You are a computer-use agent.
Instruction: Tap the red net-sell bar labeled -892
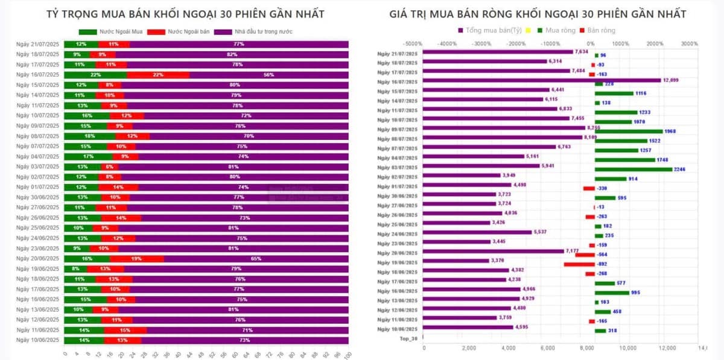[x=579, y=264]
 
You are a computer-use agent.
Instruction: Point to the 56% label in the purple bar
[x=268, y=75]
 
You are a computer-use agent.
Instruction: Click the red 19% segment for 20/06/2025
[x=136, y=259]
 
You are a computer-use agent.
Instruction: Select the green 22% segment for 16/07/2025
[x=95, y=75]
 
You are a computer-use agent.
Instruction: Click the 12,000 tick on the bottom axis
[x=667, y=348]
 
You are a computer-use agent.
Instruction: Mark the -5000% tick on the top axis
[x=413, y=43]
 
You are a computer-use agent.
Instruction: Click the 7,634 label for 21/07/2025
[x=582, y=52]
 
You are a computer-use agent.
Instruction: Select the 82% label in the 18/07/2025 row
[x=232, y=54]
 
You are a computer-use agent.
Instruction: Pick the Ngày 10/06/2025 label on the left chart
[x=37, y=340]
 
